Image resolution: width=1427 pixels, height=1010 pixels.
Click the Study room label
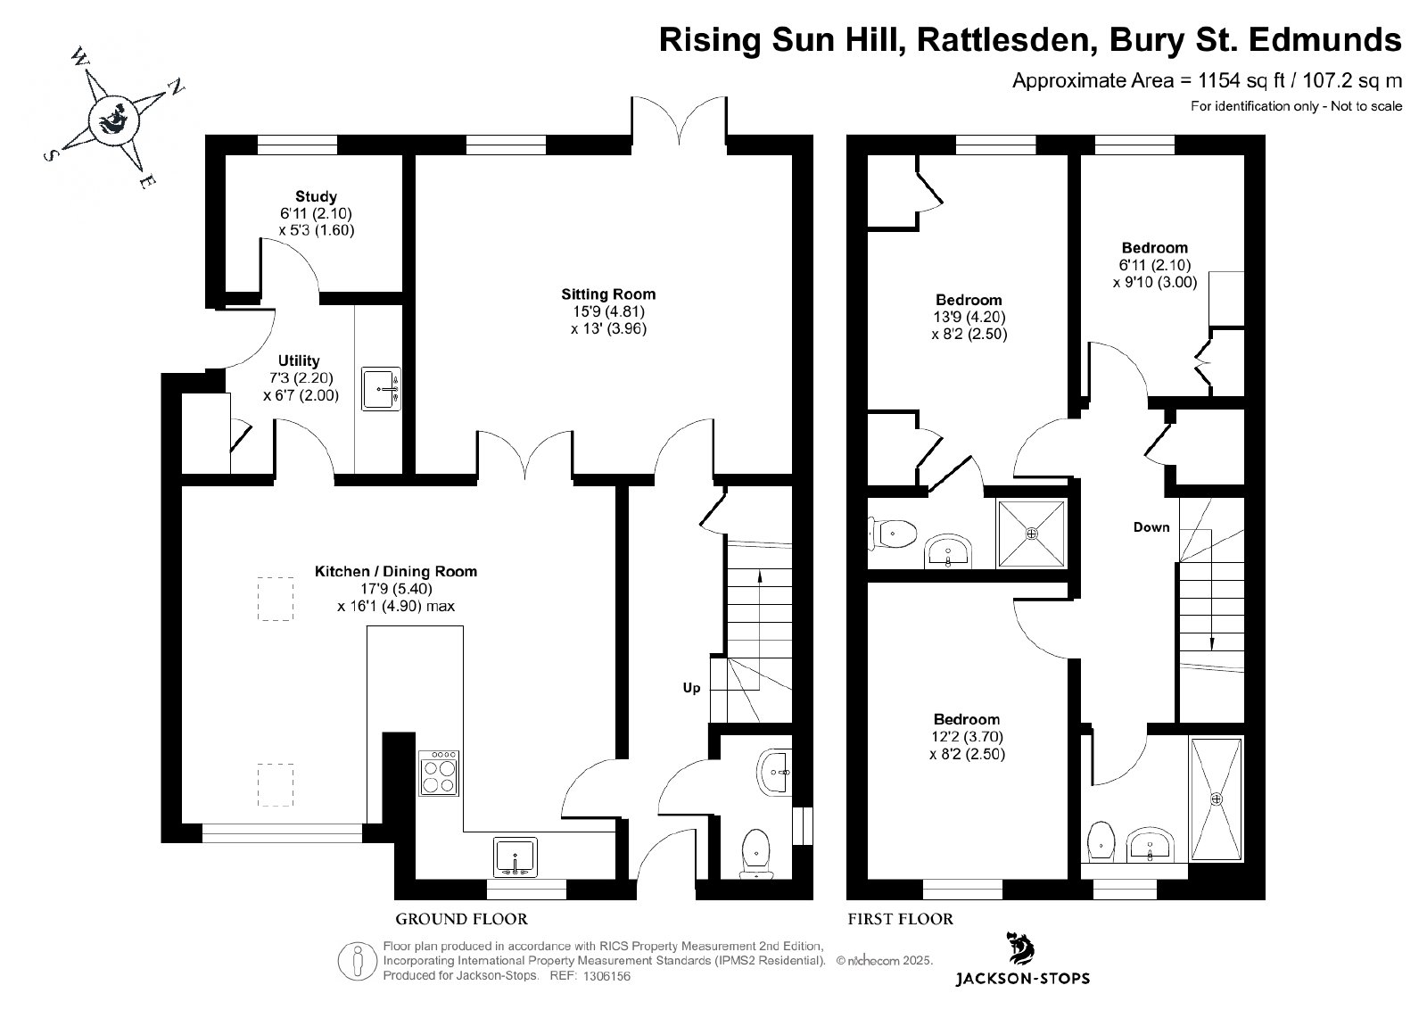[316, 196]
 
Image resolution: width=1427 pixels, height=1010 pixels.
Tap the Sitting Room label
[608, 294]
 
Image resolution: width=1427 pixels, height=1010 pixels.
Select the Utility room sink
[381, 388]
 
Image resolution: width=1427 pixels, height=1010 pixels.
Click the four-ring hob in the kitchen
[439, 773]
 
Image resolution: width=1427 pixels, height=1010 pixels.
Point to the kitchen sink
[516, 857]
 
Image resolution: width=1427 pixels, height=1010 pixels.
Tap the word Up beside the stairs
[692, 688]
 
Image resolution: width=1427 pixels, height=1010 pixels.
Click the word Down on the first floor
[1151, 527]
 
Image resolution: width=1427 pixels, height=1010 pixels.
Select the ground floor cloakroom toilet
[756, 853]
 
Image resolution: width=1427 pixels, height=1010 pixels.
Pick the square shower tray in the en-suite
[1032, 534]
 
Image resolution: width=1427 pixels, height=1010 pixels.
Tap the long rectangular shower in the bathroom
[1217, 799]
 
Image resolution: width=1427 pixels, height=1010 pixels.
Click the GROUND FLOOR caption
[462, 919]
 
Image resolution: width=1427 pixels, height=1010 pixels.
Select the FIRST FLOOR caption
[900, 919]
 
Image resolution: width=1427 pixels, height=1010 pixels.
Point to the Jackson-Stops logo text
[1022, 978]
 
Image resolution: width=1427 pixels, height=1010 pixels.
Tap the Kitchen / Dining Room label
[396, 572]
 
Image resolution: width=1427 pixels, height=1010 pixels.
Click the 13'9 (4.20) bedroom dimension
[969, 317]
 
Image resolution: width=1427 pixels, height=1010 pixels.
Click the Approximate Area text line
[1208, 81]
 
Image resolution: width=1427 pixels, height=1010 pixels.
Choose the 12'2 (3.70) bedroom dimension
[967, 737]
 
